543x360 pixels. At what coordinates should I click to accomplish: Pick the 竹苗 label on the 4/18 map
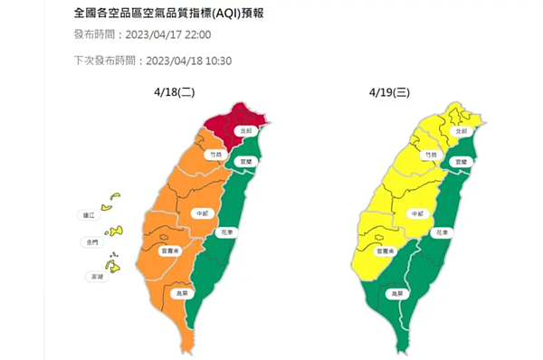coord(214,156)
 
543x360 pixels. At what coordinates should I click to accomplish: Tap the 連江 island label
coord(89,215)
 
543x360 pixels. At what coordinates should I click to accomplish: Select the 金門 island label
coord(89,243)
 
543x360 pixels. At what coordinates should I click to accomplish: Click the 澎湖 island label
coord(89,276)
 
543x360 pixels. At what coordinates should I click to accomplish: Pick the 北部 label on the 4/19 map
coord(462,131)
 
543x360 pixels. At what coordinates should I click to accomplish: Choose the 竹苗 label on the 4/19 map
coord(431,156)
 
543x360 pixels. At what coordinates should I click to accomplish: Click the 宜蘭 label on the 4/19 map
coord(462,161)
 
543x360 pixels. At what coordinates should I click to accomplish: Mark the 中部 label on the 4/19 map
coord(417,214)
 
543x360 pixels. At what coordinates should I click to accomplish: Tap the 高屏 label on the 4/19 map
coord(395,294)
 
